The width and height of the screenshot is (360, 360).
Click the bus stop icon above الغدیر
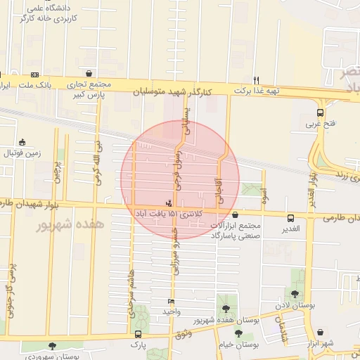pos(290,218)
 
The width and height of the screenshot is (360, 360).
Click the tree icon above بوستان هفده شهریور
pos(226,309)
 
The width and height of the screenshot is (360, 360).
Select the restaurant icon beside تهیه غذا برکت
pos(257,79)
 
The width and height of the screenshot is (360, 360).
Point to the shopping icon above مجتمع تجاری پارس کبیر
pos(89,73)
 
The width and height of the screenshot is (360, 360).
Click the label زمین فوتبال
pos(22,152)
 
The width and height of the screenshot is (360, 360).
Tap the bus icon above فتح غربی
pos(321,112)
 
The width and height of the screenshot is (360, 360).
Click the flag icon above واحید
pos(172,301)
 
